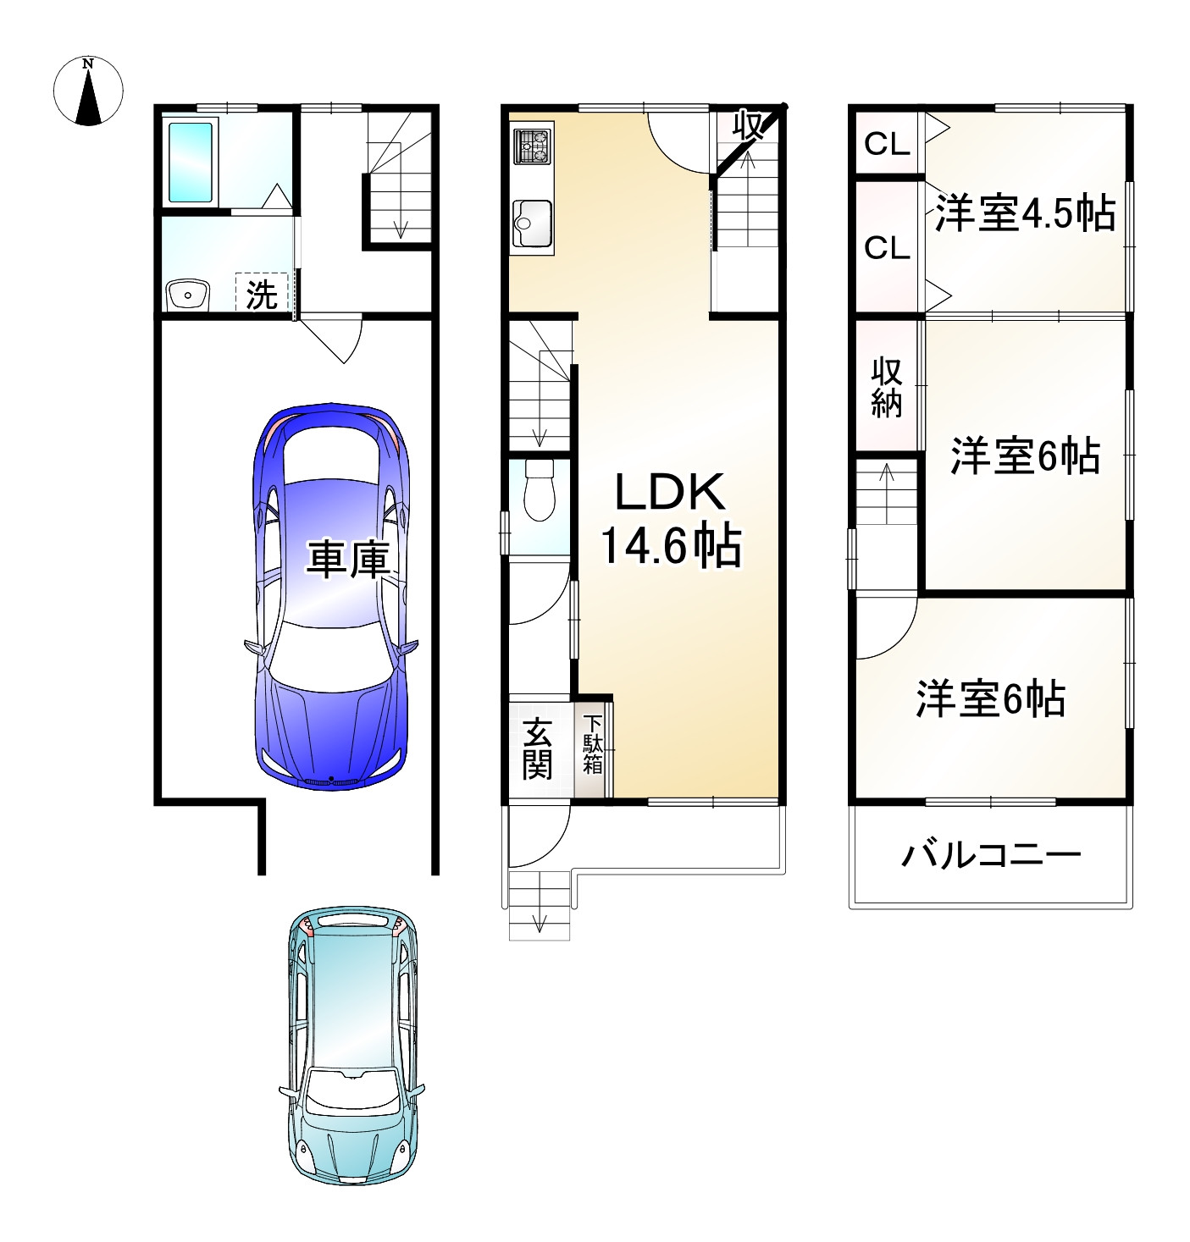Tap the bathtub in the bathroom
click(x=190, y=163)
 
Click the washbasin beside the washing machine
click(x=187, y=295)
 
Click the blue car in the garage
click(x=332, y=597)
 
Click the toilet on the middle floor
click(x=538, y=491)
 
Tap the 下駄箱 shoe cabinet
click(x=593, y=745)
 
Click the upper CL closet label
click(x=887, y=145)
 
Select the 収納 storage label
click(x=887, y=388)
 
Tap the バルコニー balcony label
click(x=990, y=855)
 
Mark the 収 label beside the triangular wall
click(x=749, y=126)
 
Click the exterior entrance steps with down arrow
click(x=540, y=904)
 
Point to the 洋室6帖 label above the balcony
click(x=990, y=699)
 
